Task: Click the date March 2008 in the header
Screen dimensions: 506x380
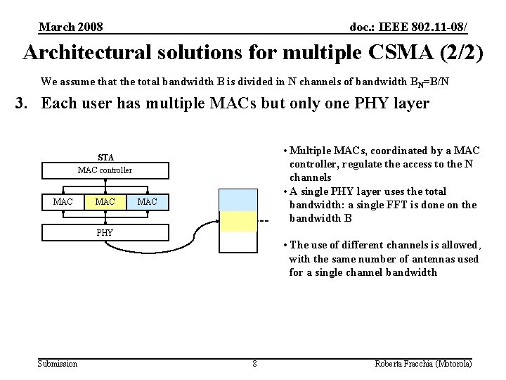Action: (x=71, y=27)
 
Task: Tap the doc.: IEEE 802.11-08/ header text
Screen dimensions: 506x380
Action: (x=408, y=27)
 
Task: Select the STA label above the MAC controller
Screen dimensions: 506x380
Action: (x=105, y=157)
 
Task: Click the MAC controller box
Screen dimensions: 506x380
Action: (x=105, y=170)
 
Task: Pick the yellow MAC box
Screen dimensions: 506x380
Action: (x=105, y=203)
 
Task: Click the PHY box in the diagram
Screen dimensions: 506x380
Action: (x=105, y=232)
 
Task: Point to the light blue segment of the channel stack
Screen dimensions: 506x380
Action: (x=238, y=201)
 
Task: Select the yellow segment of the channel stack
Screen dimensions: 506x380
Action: (x=238, y=221)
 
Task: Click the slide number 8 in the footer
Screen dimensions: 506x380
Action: (x=254, y=364)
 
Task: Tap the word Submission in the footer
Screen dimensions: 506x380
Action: (x=58, y=364)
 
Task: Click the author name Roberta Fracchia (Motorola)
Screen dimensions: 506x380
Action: (x=423, y=364)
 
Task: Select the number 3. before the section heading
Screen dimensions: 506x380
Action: (x=23, y=104)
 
